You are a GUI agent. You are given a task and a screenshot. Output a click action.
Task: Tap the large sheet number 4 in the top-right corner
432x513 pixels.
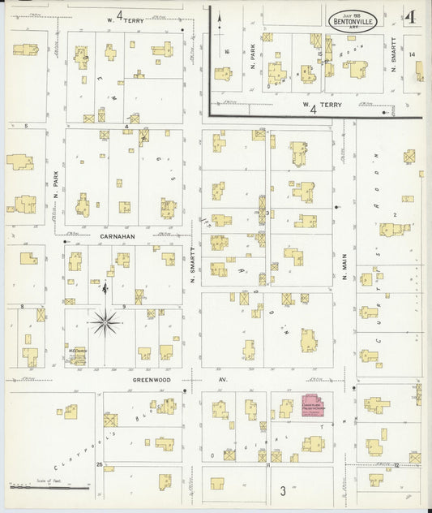coord(412,17)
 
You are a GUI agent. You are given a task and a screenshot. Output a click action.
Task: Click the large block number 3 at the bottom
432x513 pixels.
coord(283,490)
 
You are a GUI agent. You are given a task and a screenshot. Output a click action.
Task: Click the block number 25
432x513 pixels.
coord(99,465)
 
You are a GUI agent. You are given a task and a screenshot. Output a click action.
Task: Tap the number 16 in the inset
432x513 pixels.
coord(228,51)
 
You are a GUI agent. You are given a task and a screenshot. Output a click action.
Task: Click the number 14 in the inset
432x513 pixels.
coord(413,54)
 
